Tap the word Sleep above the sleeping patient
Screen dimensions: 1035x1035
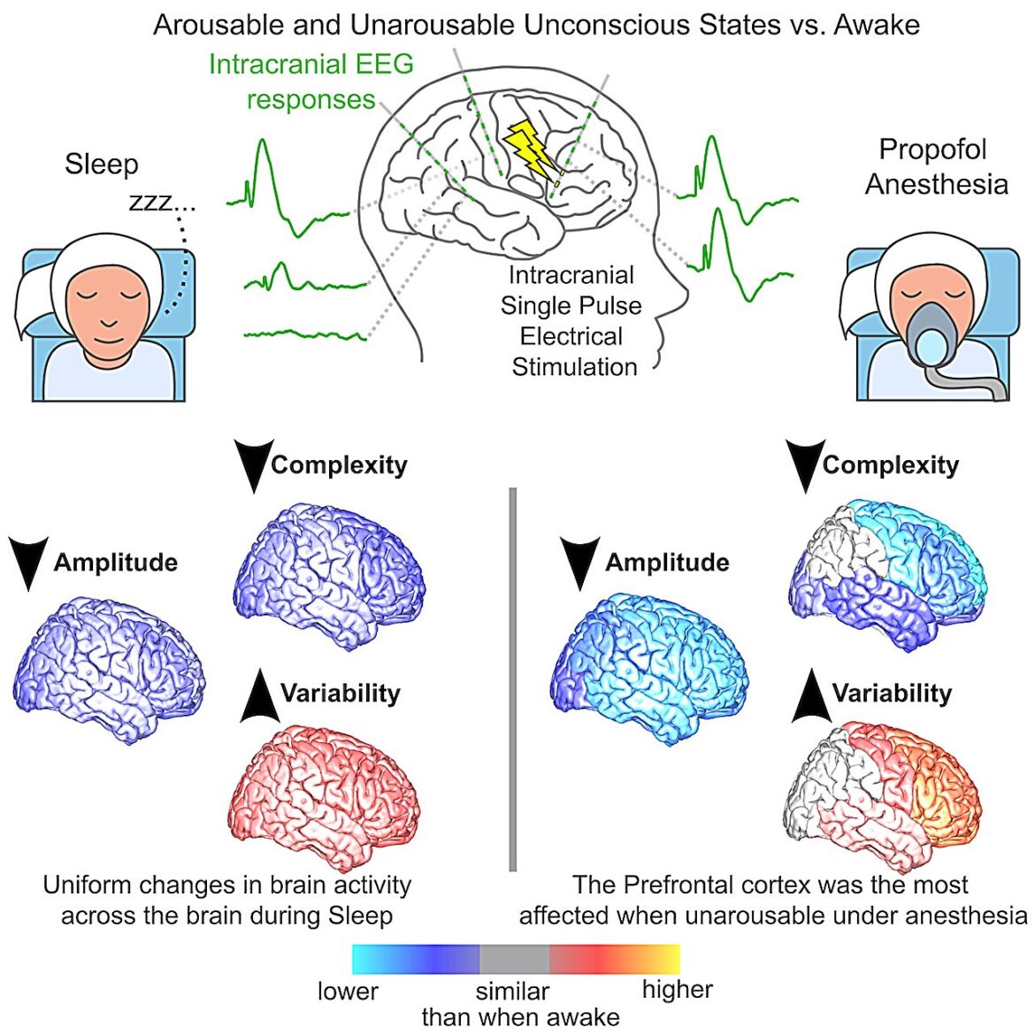(102, 165)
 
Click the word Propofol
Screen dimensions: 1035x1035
(932, 149)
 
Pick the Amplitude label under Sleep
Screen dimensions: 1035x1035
(116, 563)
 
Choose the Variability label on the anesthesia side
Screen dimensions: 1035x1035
(892, 693)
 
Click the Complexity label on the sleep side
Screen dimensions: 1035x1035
(340, 464)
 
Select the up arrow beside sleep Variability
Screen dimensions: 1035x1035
(260, 695)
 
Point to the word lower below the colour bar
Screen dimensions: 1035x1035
(348, 991)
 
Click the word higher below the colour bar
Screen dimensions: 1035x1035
(678, 990)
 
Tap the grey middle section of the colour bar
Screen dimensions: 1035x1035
(515, 959)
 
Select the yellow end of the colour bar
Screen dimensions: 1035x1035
(667, 959)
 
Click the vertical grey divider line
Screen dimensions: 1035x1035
(513, 680)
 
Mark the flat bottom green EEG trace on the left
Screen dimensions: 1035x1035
(305, 334)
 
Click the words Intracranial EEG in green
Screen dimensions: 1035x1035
(310, 64)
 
